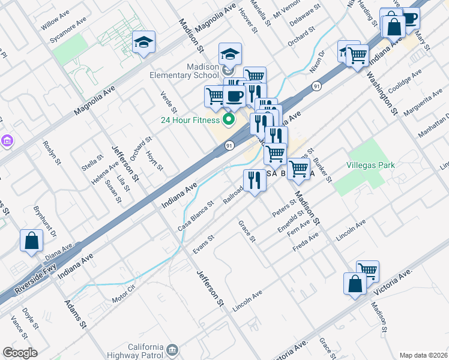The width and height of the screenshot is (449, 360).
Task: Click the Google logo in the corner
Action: click(19, 353)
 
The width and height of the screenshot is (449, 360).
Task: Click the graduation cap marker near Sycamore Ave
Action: click(143, 43)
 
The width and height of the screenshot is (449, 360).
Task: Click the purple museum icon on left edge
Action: click(7, 141)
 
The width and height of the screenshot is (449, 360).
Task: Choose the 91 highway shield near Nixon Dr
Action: click(316, 87)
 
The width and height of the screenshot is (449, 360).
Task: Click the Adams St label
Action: click(75, 313)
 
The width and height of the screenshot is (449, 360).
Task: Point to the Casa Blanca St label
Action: click(196, 216)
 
